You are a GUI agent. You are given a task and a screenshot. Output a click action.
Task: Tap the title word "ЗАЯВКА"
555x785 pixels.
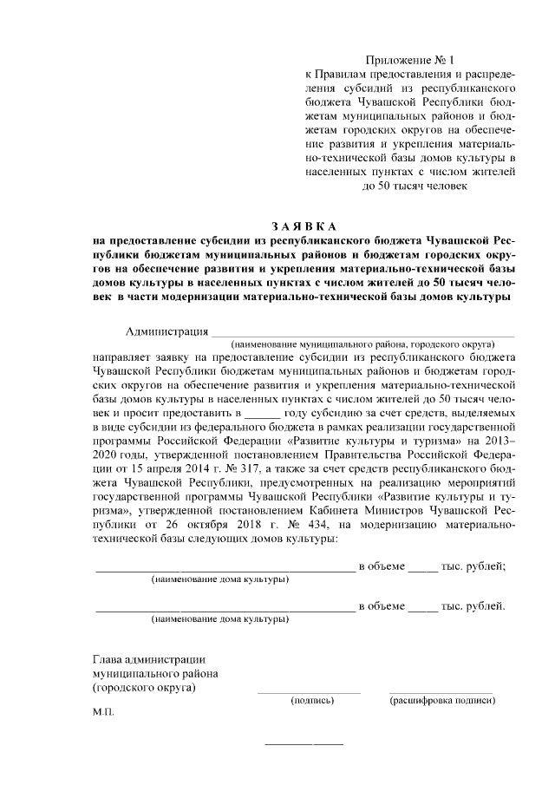[x=303, y=226]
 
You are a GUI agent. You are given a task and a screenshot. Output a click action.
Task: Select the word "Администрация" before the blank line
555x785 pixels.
[x=166, y=331]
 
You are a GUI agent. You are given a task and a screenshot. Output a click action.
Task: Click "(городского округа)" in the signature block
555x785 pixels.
[x=143, y=688]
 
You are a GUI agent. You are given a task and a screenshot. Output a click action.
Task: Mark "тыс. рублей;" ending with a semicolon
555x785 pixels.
[x=474, y=566]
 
